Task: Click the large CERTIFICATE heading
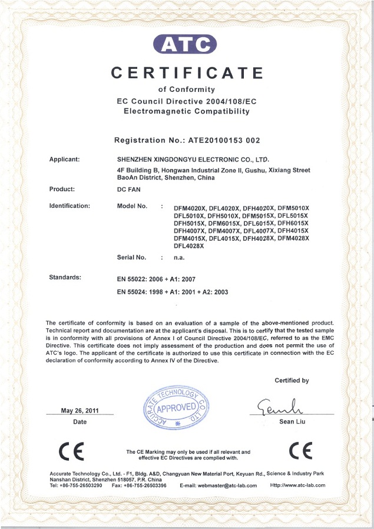[188, 73]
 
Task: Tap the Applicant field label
[65, 159]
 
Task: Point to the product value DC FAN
[128, 189]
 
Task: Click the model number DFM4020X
[190, 209]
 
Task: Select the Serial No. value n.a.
[180, 258]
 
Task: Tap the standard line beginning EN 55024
[173, 292]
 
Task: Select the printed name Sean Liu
[291, 422]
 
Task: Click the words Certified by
[292, 381]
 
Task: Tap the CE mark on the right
[301, 451]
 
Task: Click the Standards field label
[65, 277]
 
